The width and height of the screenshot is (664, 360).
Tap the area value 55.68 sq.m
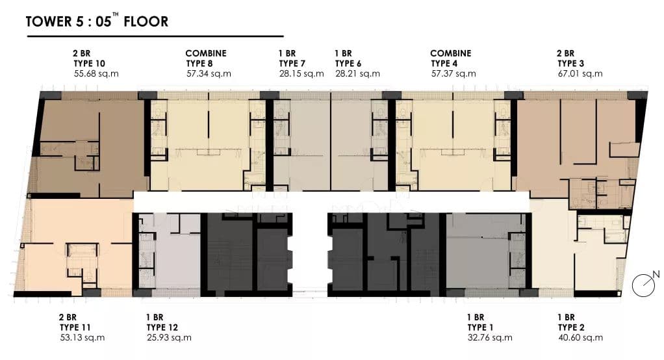(x=96, y=73)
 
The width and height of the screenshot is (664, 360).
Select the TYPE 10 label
(x=89, y=64)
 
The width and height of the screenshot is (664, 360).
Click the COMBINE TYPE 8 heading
(x=206, y=58)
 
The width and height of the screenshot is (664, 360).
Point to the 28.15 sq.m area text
(x=301, y=73)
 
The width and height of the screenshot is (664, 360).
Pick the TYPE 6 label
(x=348, y=64)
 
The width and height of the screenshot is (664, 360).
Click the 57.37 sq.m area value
(x=453, y=73)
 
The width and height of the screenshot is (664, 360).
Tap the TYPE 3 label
(x=571, y=64)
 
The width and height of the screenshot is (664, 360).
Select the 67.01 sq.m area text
(x=580, y=73)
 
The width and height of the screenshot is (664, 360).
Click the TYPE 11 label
(x=75, y=328)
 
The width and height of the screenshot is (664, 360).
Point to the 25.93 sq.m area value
(x=169, y=337)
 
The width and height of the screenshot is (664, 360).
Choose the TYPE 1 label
(x=480, y=328)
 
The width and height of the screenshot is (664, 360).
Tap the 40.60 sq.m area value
(x=581, y=337)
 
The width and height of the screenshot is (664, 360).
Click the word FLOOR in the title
(x=146, y=21)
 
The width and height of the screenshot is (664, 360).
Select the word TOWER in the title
(x=49, y=21)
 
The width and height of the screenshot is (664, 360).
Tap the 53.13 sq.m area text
(x=82, y=337)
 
